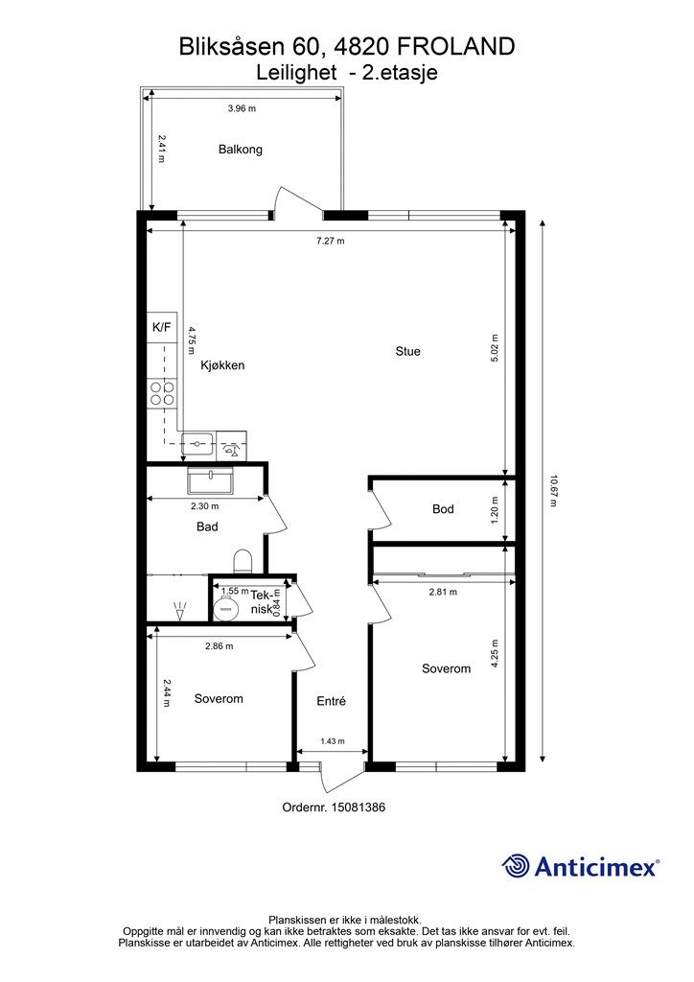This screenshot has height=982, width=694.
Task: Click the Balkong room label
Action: [x=241, y=149]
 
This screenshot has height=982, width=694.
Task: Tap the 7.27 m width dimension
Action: [x=331, y=241]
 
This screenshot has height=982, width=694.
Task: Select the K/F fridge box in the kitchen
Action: [x=162, y=328]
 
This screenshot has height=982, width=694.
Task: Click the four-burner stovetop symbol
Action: [x=162, y=393]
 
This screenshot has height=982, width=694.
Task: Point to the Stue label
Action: [x=408, y=351]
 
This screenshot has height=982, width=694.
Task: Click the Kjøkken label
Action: [x=222, y=365]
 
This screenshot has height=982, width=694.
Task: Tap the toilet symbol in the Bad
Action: [x=243, y=562]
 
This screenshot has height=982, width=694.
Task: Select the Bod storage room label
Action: [x=443, y=509]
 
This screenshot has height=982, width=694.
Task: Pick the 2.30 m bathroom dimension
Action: [x=204, y=506]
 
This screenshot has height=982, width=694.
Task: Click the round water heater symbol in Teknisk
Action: [x=224, y=607]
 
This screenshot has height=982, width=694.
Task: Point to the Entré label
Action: [x=331, y=701]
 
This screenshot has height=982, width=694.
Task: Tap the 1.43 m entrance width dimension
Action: [x=333, y=741]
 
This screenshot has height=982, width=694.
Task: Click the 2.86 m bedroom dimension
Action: [x=219, y=645]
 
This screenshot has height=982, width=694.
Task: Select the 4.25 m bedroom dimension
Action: [x=495, y=654]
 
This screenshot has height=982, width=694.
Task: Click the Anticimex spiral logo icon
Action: [x=515, y=867]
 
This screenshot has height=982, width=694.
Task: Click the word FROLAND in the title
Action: [x=456, y=46]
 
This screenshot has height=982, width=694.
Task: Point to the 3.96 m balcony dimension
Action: [x=242, y=108]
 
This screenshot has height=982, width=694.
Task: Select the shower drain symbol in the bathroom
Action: [x=180, y=611]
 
